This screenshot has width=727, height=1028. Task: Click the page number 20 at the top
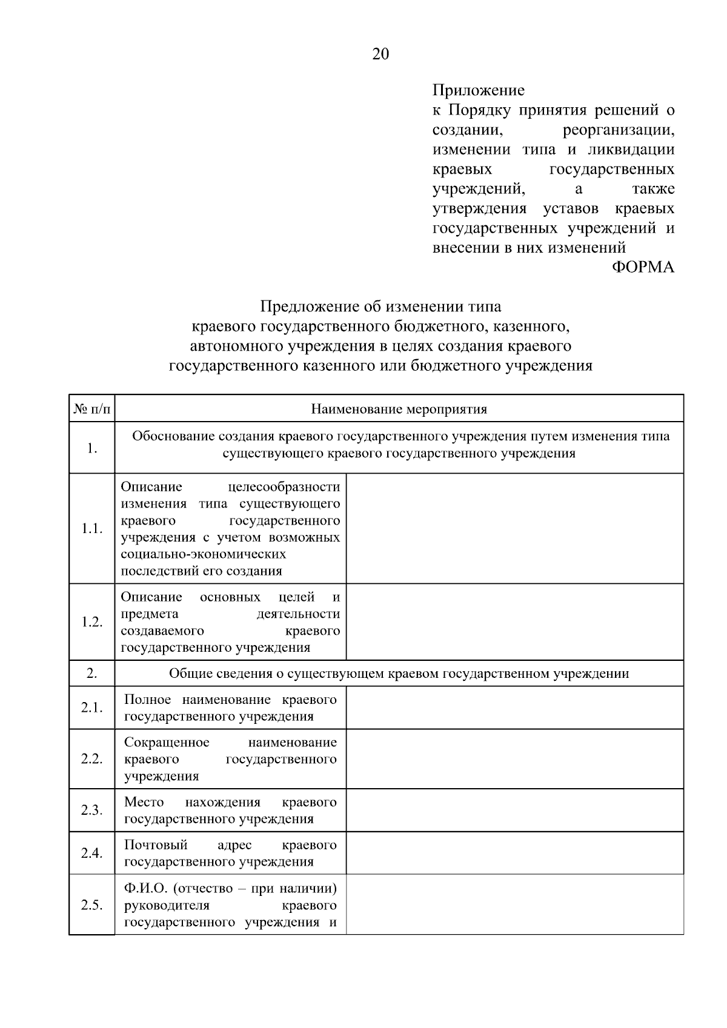pos(380,55)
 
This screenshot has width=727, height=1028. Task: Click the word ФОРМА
pos(643,267)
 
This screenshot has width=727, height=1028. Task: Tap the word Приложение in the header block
pos(478,91)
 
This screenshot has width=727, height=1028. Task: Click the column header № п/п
pos(92,410)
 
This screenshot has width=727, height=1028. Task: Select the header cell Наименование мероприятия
pos(399,410)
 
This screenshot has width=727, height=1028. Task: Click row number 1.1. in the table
pos(92,529)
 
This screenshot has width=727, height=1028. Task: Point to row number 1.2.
pos(92,622)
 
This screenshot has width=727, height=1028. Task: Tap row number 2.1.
pos(92,708)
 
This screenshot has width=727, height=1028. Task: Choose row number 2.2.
pos(92,759)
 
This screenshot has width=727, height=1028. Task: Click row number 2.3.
pos(92,811)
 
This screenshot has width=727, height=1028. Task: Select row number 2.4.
pos(92,853)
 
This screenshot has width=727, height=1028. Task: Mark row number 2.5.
pos(92,905)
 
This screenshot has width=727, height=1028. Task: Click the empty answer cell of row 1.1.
pos(514,529)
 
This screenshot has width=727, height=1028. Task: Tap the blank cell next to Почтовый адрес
pos(514,853)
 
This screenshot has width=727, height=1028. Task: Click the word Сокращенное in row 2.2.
pos(167,743)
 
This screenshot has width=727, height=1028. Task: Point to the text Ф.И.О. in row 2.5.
pos(145,889)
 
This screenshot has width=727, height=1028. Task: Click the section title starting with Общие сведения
pos(399,674)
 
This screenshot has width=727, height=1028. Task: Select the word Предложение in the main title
pos(310,307)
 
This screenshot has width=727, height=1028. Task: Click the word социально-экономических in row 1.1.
pos(203,554)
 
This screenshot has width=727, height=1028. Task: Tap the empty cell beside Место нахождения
pos(514,811)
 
